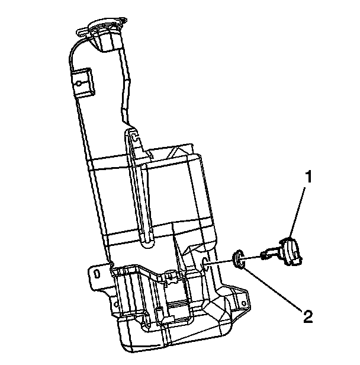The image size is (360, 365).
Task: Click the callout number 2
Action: click(307, 317)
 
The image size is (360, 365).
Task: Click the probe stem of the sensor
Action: click(268, 255)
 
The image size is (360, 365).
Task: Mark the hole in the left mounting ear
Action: click(94, 273)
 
